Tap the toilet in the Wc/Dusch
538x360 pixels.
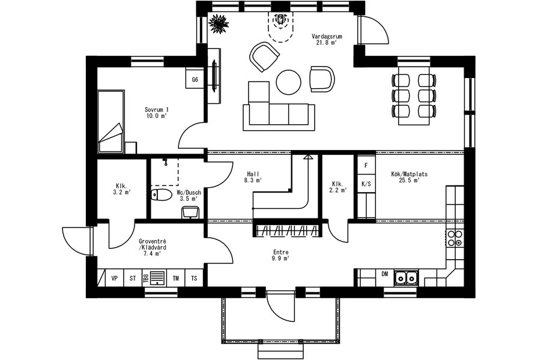click(x=161, y=195)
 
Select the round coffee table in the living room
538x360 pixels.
click(x=289, y=82)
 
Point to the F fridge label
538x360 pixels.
click(x=366, y=166)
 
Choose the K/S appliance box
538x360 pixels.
click(x=366, y=184)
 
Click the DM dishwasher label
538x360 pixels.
click(x=385, y=274)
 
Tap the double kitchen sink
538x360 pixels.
click(x=405, y=278)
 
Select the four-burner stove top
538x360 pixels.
click(x=455, y=238)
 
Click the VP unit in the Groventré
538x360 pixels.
click(x=114, y=278)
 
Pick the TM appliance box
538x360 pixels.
click(x=176, y=278)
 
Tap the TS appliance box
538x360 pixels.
click(x=194, y=278)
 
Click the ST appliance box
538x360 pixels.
click(x=133, y=278)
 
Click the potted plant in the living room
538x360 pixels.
click(x=218, y=23)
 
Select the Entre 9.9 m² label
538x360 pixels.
click(x=280, y=256)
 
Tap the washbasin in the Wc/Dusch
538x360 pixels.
click(x=190, y=212)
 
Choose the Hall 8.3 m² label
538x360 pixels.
click(x=253, y=177)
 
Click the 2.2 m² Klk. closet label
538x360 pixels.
click(x=338, y=187)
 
